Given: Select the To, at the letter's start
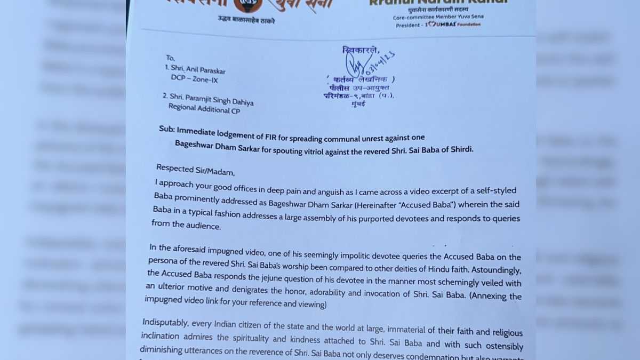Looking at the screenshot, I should pyautogui.click(x=171, y=58).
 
